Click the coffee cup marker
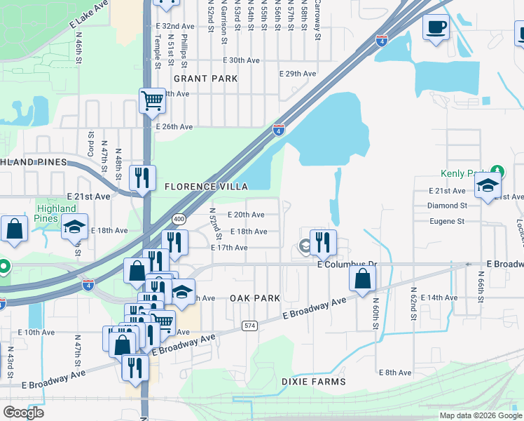[x=436, y=27]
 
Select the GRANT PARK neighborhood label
[x=206, y=79]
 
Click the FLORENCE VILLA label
[x=206, y=187]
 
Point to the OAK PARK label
[x=255, y=298]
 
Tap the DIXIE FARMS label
[x=313, y=382]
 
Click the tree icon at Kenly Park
[x=497, y=171]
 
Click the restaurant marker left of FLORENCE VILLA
[x=143, y=178]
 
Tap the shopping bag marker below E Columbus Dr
[x=362, y=279]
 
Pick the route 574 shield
[x=249, y=326]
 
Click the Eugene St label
[x=447, y=221]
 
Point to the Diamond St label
[x=447, y=206]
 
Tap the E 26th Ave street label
[x=172, y=127]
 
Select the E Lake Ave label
[x=89, y=15]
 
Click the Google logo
[x=23, y=412]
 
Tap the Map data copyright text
[x=480, y=415]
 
